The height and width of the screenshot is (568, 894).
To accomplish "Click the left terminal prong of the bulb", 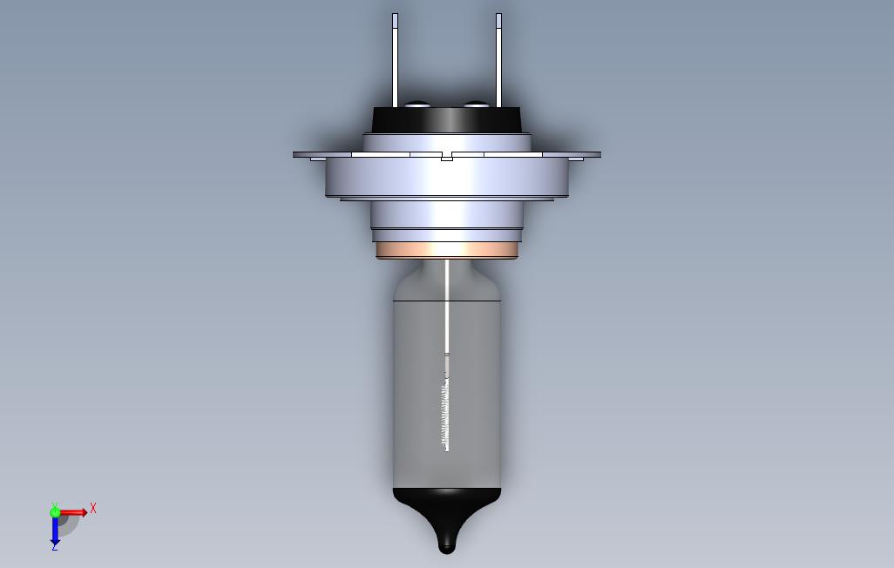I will pos(395,61).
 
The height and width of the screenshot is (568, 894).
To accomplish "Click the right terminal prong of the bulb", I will pos(498,61).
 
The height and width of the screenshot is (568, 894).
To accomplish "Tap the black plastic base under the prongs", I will pos(446,119).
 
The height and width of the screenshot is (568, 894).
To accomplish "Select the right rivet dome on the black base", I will pos(476,104).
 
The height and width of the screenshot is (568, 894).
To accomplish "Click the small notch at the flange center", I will pos(447,158).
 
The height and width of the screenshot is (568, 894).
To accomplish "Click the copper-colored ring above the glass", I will pos(447,251).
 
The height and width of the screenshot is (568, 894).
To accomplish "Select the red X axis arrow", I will pos(74,512).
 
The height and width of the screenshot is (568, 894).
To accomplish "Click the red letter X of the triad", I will pos(93,508).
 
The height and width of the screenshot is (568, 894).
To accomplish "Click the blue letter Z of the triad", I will pos(55,546).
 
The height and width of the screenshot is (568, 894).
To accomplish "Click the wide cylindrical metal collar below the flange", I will pos(447,178).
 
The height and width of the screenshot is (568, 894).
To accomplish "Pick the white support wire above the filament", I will pos(447,305).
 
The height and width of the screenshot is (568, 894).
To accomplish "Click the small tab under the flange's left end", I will pos(317,159).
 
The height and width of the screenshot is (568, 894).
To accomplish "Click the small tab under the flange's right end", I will pos(576,159).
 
